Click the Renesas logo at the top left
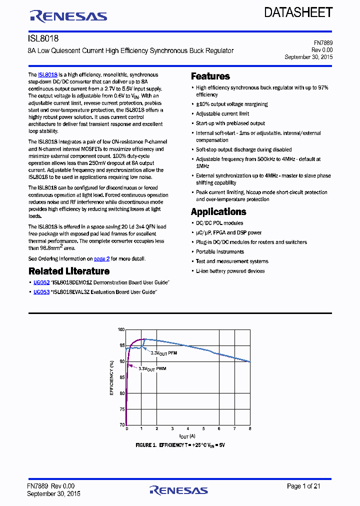coord(68,16)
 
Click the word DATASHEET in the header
coord(298,13)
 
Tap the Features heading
coord(210,76)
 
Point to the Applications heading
coord(218,211)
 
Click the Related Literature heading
coord(69,271)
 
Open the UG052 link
coord(41,282)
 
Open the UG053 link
coord(41,292)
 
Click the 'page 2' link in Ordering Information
coord(101,259)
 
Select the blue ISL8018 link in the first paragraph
coord(48,74)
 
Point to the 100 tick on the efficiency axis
coord(121,329)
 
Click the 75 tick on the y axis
coord(122,409)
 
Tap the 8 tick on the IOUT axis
coord(249,429)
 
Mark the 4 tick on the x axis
coord(188,429)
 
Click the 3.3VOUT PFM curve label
coord(164,353)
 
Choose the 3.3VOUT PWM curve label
coord(152,368)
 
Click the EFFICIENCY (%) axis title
coord(112,377)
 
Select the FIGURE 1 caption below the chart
coord(180,444)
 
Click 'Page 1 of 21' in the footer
coord(303,486)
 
